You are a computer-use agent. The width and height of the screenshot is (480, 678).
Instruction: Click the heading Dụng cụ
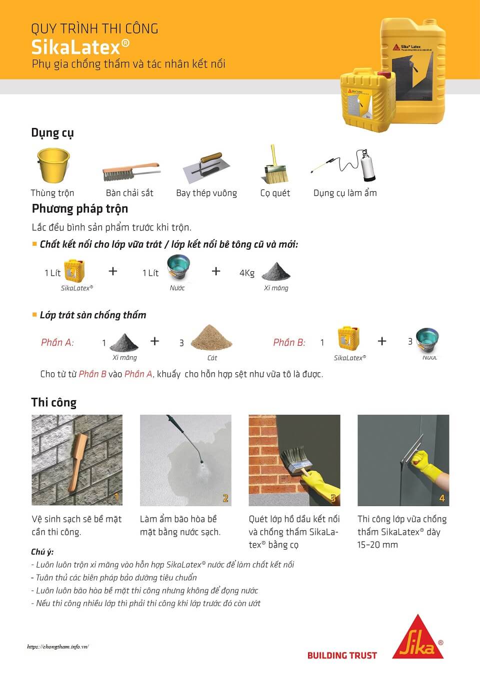[52, 133]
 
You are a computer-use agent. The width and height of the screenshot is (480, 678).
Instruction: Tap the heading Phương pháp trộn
[80, 208]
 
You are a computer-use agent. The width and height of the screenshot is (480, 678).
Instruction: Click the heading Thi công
[53, 403]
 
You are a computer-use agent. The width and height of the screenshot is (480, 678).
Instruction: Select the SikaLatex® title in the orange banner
[80, 47]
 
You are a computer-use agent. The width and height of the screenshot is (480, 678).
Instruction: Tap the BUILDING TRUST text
[342, 656]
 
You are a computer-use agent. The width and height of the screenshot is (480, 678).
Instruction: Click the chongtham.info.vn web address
[58, 647]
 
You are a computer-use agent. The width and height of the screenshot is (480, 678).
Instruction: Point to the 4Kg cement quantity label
[247, 273]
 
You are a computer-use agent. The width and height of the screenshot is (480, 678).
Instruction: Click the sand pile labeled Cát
[212, 338]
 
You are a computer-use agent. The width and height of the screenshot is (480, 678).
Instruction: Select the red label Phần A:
[57, 342]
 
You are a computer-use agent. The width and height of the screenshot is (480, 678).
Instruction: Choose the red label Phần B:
[289, 342]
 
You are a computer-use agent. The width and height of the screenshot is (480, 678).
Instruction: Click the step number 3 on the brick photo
[333, 498]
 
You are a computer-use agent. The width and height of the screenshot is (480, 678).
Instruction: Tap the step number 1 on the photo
[116, 497]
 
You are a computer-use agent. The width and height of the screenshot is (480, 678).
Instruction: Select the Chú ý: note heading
[42, 552]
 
